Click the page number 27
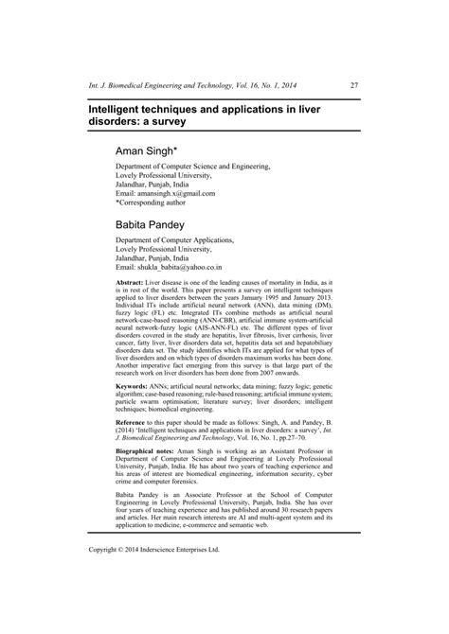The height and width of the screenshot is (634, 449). click(x=352, y=85)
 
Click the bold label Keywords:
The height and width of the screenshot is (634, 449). click(x=133, y=387)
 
